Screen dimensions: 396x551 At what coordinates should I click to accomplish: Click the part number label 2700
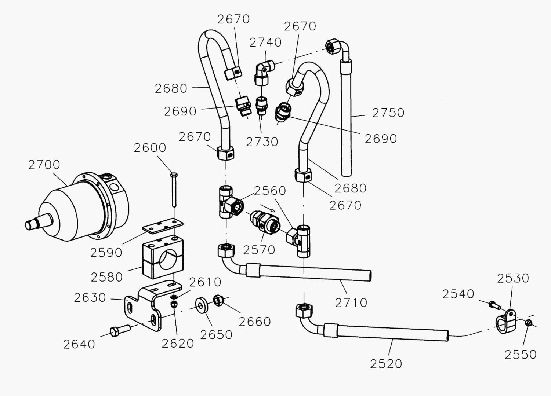pyautogui.click(x=44, y=165)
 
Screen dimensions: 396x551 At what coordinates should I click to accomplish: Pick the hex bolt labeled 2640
pyautogui.click(x=120, y=330)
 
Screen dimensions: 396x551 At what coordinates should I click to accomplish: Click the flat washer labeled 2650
pyautogui.click(x=201, y=305)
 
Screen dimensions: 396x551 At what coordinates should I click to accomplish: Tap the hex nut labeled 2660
pyautogui.click(x=218, y=300)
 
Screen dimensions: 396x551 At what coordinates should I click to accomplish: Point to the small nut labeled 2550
pyautogui.click(x=529, y=323)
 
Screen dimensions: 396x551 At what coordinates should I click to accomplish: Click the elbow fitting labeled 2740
pyautogui.click(x=263, y=72)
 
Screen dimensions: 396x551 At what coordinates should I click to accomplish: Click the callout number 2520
pyautogui.click(x=386, y=364)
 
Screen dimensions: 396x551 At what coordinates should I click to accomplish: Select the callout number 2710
pyautogui.click(x=351, y=302)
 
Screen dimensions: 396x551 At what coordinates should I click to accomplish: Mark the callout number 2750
pyautogui.click(x=388, y=113)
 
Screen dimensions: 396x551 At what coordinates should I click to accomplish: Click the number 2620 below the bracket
pyautogui.click(x=178, y=344)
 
